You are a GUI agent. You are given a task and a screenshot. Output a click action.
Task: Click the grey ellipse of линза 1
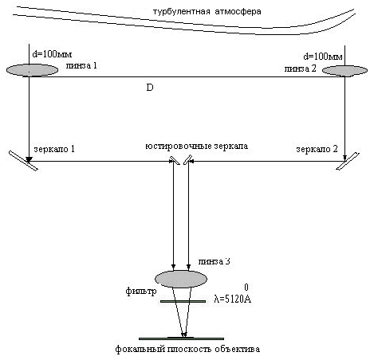[x=32, y=70]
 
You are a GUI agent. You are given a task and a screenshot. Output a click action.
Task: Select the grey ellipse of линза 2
[x=344, y=71]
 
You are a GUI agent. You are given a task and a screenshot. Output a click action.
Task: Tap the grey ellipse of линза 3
[x=181, y=279]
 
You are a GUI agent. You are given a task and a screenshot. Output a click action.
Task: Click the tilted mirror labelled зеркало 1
[x=23, y=161]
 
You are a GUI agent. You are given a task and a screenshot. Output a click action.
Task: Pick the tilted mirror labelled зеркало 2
[x=348, y=161]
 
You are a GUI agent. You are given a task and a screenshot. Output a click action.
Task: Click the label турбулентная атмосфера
[x=207, y=12]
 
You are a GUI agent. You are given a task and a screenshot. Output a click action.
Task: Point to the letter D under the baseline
[x=150, y=88]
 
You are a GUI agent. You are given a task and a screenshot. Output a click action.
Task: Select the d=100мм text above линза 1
[x=52, y=54]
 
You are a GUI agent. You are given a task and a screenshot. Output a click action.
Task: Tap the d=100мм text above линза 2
[x=323, y=57]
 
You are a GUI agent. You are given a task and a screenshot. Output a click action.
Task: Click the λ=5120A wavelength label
[x=233, y=299]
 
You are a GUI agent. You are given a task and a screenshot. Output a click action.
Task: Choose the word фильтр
[x=141, y=292]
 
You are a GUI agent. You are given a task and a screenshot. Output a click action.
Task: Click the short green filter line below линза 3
[x=183, y=301]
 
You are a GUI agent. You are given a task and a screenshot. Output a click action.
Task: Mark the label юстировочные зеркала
[x=197, y=146]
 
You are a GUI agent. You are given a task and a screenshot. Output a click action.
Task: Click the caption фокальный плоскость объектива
[x=187, y=349]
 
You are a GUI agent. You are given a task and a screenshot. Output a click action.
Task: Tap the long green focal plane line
[x=181, y=338]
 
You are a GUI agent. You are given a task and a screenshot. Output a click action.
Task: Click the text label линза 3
[x=214, y=261]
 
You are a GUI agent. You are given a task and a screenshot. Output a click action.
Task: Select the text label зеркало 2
[x=317, y=149]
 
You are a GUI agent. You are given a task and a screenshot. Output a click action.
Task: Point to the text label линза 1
[x=81, y=65]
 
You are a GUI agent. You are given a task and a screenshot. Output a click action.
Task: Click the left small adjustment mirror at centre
[x=175, y=160]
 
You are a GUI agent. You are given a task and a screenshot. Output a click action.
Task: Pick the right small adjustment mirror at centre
[x=187, y=160]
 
